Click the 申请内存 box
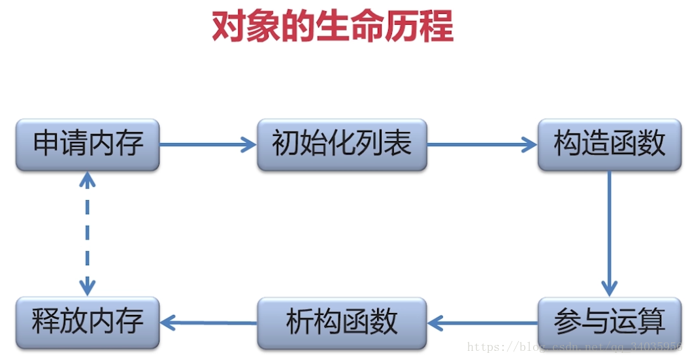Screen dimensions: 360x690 pyautogui.click(x=88, y=144)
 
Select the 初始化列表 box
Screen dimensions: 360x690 pyautogui.click(x=342, y=144)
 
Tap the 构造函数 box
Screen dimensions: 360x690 pyautogui.click(x=609, y=144)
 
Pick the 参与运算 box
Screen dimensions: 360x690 pyautogui.click(x=609, y=323)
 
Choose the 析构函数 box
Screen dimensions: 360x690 pyautogui.click(x=342, y=323)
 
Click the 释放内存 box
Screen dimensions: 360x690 pyautogui.click(x=88, y=323)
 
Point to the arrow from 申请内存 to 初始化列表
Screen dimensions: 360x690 pyautogui.click(x=208, y=144)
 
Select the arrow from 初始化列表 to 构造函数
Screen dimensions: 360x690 pyautogui.click(x=482, y=144)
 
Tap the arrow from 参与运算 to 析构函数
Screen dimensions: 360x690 pyautogui.click(x=482, y=323)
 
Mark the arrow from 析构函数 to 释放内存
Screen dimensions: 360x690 pyautogui.click(x=208, y=322)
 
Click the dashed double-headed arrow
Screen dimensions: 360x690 pyautogui.click(x=88, y=233)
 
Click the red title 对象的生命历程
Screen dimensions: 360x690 pyautogui.click(x=333, y=27)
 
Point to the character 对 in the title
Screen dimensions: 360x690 pyautogui.click(x=229, y=27)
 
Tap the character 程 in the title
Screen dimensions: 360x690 pyautogui.click(x=436, y=27)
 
